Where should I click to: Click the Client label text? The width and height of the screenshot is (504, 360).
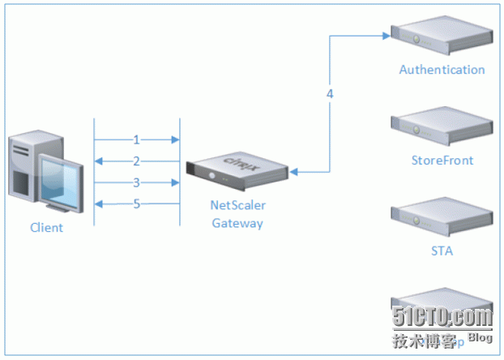[x=46, y=228]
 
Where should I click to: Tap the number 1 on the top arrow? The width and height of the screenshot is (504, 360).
[x=136, y=139]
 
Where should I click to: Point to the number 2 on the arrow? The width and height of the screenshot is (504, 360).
[x=136, y=161]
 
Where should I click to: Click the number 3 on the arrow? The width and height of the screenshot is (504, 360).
[x=136, y=182]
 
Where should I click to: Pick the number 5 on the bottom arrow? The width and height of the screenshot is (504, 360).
[x=136, y=204]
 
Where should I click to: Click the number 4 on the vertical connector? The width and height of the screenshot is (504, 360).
[x=330, y=94]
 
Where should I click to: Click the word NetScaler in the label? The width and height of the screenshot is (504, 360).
[x=237, y=208]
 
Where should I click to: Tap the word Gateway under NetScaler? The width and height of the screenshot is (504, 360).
[x=237, y=223]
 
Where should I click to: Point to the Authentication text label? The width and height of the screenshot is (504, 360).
[x=442, y=70]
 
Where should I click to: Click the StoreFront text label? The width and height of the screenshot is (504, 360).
[x=442, y=160]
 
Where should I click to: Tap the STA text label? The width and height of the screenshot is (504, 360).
[x=442, y=251]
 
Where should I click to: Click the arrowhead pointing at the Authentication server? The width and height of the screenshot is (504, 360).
[x=385, y=36]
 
